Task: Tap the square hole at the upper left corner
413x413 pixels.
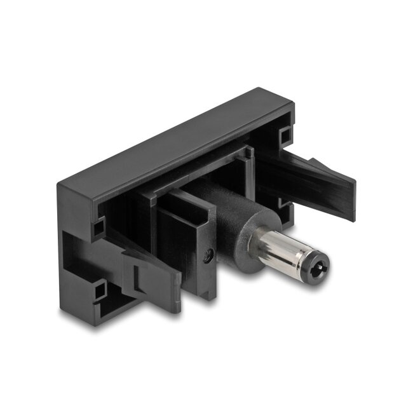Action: (x=98, y=225)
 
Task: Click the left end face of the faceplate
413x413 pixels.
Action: (x=70, y=248)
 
